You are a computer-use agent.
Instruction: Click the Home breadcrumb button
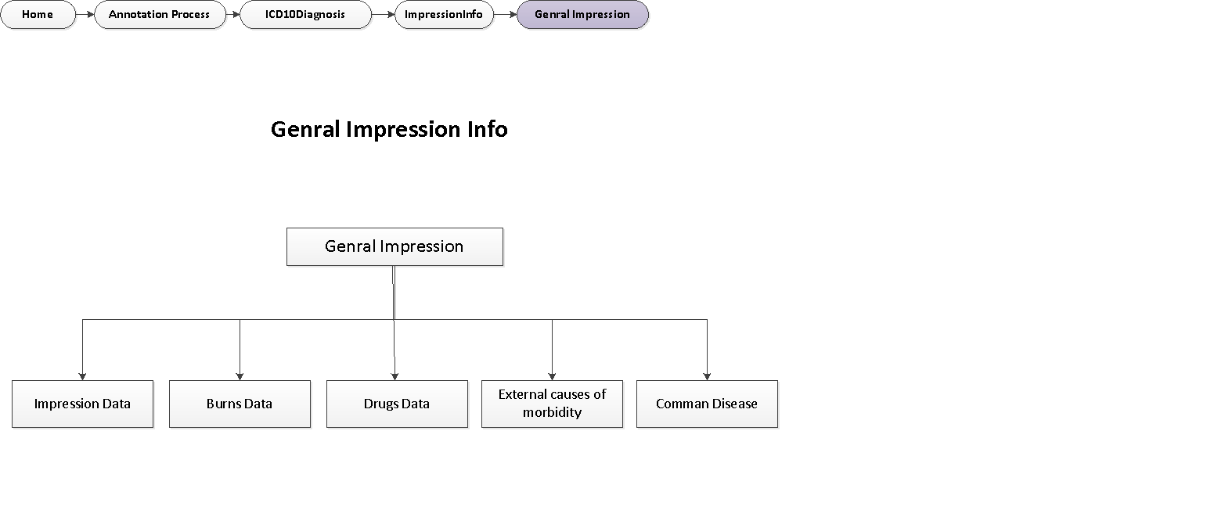38,15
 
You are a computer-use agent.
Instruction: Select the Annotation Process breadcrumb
159,15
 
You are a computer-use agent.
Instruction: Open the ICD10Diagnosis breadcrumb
304,15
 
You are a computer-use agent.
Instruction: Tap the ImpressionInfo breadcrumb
443,15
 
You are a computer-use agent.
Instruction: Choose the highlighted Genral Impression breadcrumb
582,15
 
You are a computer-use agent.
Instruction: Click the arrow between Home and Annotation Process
85,15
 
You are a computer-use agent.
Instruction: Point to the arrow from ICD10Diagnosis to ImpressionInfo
383,15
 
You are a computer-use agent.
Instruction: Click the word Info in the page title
490,129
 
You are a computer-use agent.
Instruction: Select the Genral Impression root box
395,247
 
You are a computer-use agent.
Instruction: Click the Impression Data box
82,404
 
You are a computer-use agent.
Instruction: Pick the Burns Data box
240,404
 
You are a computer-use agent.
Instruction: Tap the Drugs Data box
396,404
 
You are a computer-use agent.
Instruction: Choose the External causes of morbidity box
552,404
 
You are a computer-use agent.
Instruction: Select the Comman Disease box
707,404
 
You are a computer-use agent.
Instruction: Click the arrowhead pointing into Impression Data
82,376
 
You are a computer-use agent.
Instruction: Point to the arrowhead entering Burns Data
240,376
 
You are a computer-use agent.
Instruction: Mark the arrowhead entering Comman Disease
707,376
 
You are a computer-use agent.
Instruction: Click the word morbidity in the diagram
552,412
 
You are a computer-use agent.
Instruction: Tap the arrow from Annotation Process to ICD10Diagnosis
232,15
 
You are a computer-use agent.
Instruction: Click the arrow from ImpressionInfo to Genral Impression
506,15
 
